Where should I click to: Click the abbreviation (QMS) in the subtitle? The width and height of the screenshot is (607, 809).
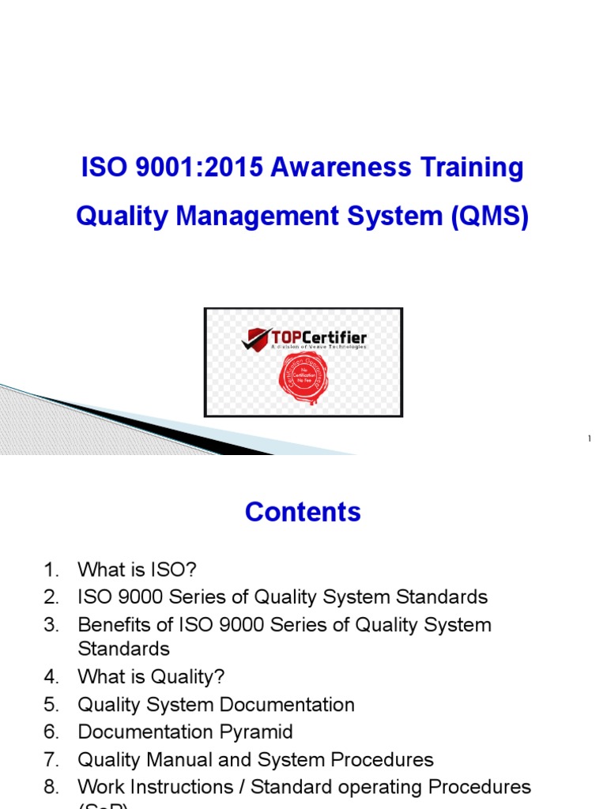490,216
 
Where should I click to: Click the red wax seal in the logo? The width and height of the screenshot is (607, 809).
303,378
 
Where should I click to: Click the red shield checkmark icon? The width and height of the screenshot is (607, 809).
256,339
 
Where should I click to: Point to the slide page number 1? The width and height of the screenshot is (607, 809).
589,438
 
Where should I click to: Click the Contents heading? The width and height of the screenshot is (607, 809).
303,512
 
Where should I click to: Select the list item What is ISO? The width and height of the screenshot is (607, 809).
131,569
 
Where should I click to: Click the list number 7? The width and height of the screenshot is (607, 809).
51,760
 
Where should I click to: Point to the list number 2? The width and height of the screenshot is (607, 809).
51,596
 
